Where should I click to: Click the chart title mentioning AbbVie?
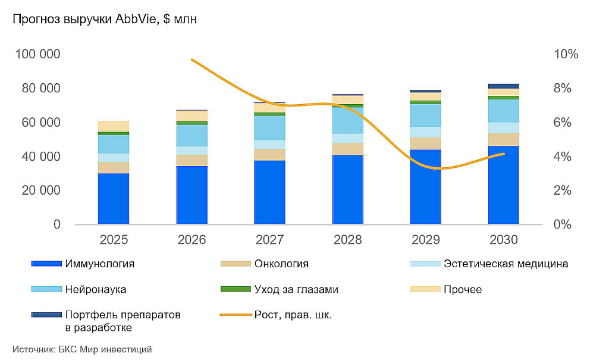(x=104, y=20)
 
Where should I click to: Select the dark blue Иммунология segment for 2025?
(x=114, y=199)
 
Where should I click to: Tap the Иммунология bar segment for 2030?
(x=504, y=185)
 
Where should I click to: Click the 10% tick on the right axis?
(x=566, y=54)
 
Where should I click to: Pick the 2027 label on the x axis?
(x=269, y=240)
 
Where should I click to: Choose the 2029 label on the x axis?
(x=426, y=240)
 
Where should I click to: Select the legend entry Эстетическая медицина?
(x=506, y=264)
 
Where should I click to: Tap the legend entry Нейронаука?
(x=95, y=289)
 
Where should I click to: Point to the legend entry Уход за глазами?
(x=296, y=289)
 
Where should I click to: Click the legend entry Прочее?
(x=462, y=289)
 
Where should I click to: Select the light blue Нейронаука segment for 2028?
(x=348, y=120)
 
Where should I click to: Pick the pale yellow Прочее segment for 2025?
(x=114, y=126)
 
